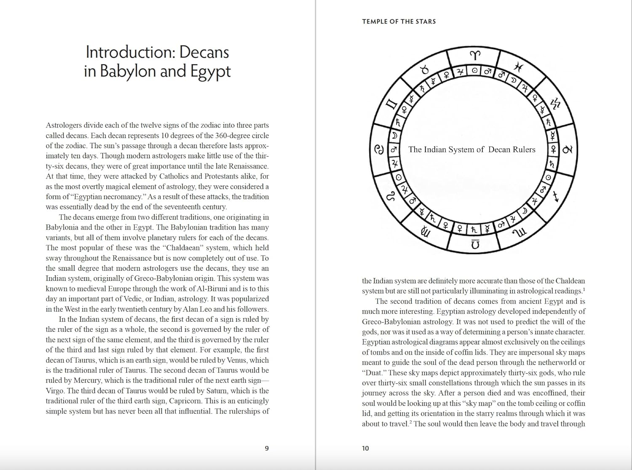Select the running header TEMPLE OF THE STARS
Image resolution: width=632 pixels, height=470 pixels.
[x=399, y=21]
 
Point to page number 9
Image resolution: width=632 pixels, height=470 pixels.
[x=266, y=449]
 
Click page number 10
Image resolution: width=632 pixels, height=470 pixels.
[x=365, y=449]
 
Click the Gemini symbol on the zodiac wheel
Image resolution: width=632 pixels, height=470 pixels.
[x=392, y=104]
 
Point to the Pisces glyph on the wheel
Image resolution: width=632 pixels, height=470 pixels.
[x=519, y=67]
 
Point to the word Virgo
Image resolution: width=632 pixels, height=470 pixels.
[x=56, y=391]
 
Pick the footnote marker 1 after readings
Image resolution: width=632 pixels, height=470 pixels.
[x=584, y=289]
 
